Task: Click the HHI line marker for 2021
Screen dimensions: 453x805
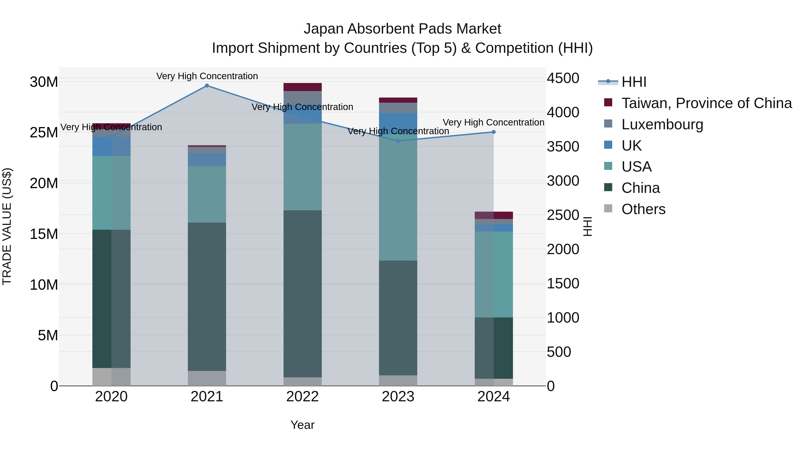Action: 207,86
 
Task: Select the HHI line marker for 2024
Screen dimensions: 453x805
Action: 494,132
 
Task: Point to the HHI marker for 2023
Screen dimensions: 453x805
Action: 398,141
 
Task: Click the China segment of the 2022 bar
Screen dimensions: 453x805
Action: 303,294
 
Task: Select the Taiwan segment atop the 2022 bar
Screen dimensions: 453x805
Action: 303,87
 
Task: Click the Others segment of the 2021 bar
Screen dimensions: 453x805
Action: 207,378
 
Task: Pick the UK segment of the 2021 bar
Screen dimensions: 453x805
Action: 207,160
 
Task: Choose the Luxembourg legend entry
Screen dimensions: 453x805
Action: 662,124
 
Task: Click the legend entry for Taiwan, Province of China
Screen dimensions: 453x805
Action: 706,103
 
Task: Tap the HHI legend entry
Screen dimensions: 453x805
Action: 633,82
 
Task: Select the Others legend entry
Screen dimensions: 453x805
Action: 643,209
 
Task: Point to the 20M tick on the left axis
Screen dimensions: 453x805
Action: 44,183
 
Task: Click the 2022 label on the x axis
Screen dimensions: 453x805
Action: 303,397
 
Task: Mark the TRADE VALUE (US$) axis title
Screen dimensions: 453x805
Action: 7,226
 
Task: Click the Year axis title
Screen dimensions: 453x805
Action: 303,425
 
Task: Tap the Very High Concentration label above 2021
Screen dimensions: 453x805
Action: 207,76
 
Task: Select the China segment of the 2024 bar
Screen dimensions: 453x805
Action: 494,348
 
